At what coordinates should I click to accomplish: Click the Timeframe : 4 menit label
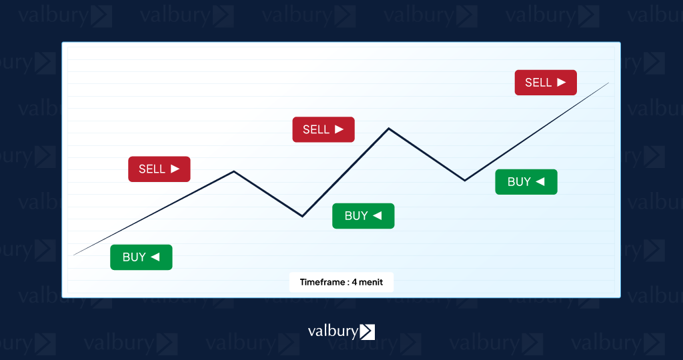(x=341, y=282)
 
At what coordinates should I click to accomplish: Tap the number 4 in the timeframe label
(x=355, y=282)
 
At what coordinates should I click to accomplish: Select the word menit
(x=371, y=282)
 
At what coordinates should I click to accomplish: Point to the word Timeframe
(x=322, y=282)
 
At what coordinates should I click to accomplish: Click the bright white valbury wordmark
(x=333, y=331)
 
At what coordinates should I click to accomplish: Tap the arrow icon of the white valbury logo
(x=368, y=332)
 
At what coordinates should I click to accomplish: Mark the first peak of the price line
(x=234, y=171)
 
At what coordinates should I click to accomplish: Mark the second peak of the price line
(x=389, y=129)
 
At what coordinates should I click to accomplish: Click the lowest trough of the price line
(x=302, y=216)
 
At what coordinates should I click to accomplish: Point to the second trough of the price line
(x=465, y=180)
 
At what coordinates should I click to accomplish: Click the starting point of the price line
(x=73, y=255)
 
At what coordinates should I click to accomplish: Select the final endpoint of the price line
(x=608, y=83)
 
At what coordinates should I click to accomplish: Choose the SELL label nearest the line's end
(x=546, y=82)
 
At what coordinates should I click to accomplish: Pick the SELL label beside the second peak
(x=323, y=129)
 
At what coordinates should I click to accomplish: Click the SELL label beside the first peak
(x=159, y=169)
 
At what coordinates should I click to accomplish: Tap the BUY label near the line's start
(x=141, y=257)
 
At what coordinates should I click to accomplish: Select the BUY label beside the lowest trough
(x=364, y=216)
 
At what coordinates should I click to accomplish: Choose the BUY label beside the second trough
(x=526, y=181)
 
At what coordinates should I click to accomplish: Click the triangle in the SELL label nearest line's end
(x=562, y=82)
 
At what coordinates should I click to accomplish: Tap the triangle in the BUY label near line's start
(x=155, y=257)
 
